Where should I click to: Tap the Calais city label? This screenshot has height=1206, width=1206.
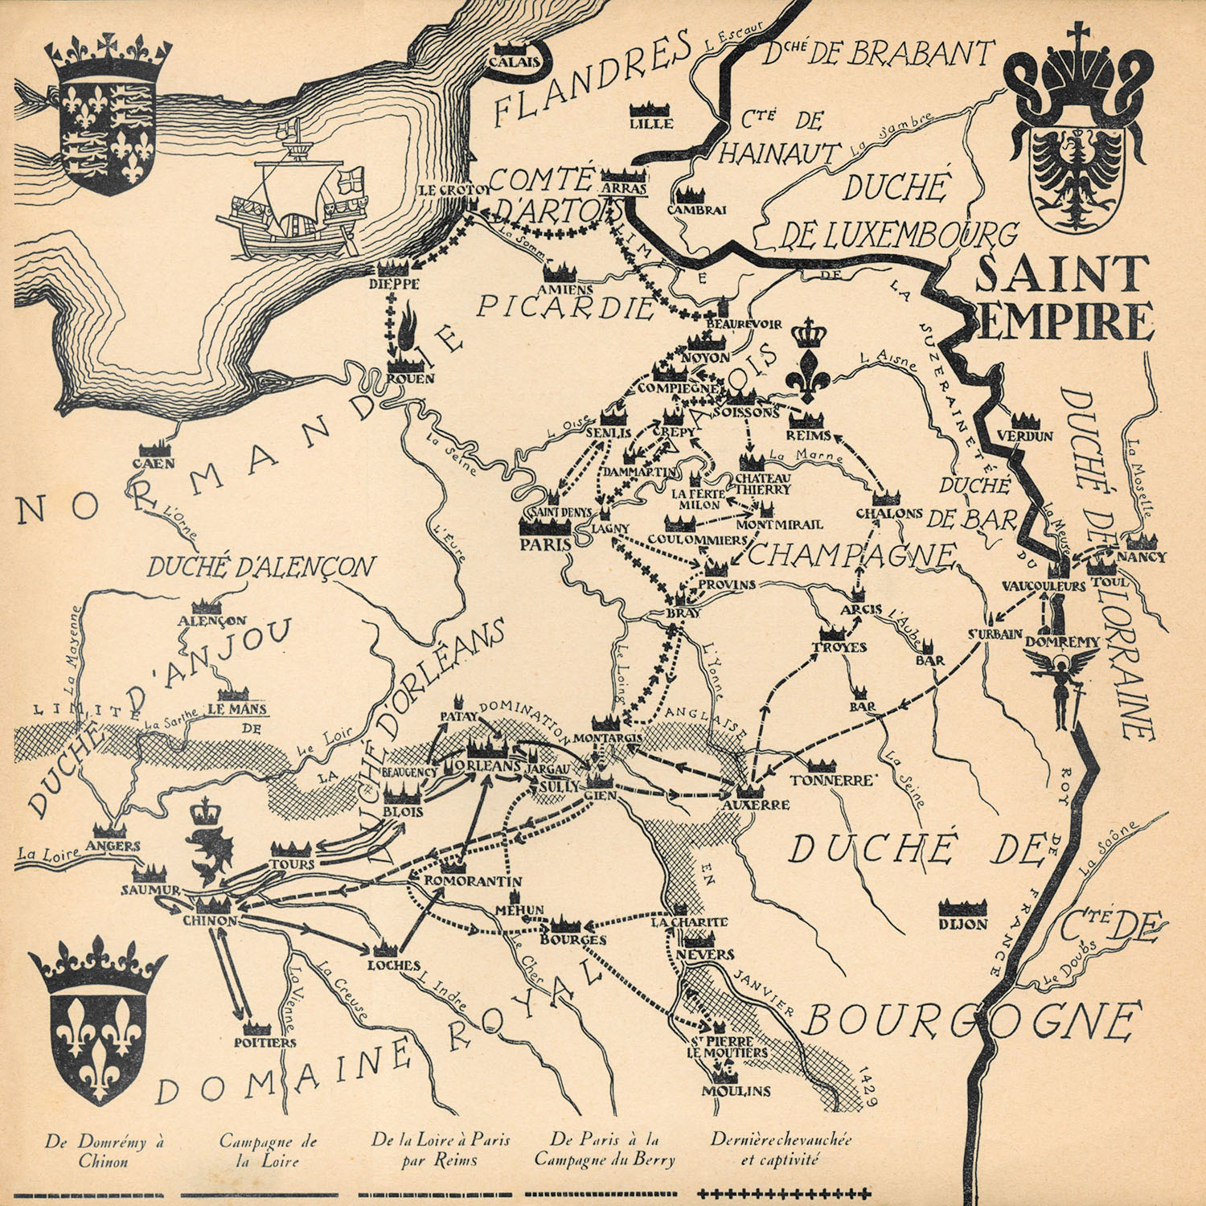514,63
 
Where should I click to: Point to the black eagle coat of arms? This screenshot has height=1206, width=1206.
1076,173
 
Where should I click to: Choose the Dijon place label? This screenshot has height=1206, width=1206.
962,924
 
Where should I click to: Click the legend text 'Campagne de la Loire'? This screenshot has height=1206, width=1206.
268,1151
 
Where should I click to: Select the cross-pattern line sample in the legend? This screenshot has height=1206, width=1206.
784,1193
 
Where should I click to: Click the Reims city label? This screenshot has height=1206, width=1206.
810,435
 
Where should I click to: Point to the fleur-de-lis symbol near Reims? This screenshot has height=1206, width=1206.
804,362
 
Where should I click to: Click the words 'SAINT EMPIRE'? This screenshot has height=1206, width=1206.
1063,297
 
